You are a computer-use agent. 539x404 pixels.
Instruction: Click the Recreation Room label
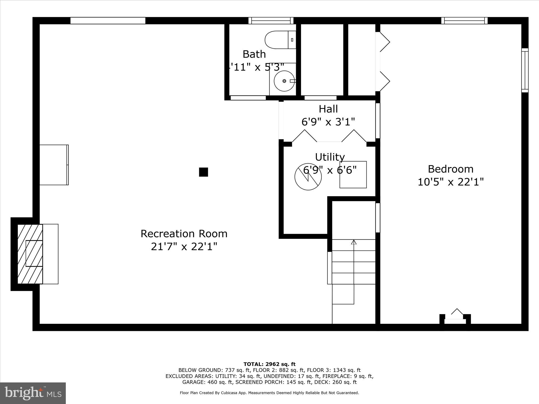[184, 234]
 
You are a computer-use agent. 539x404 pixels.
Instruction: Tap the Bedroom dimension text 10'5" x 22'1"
[451, 182]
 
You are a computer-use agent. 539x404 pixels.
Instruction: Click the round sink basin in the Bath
[284, 81]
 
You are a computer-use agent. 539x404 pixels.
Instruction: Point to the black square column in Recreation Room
[203, 172]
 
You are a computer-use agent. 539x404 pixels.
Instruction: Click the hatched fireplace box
[30, 254]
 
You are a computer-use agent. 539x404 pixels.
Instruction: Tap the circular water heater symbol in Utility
[308, 177]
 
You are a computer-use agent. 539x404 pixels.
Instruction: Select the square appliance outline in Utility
[353, 175]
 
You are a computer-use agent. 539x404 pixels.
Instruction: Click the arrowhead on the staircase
[354, 242]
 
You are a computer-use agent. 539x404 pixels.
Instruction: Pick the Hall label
[328, 109]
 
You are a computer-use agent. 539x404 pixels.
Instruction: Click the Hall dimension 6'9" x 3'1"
[328, 122]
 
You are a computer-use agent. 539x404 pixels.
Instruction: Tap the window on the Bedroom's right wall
[525, 70]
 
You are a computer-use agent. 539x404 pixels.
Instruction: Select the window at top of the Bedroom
[464, 21]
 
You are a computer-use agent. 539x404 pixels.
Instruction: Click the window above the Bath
[271, 21]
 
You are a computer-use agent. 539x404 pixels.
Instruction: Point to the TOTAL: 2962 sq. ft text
[269, 364]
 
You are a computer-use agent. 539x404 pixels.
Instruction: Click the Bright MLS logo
[33, 393]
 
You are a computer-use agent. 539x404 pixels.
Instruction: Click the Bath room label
[254, 54]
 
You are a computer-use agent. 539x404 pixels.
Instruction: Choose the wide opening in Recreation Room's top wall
[108, 21]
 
